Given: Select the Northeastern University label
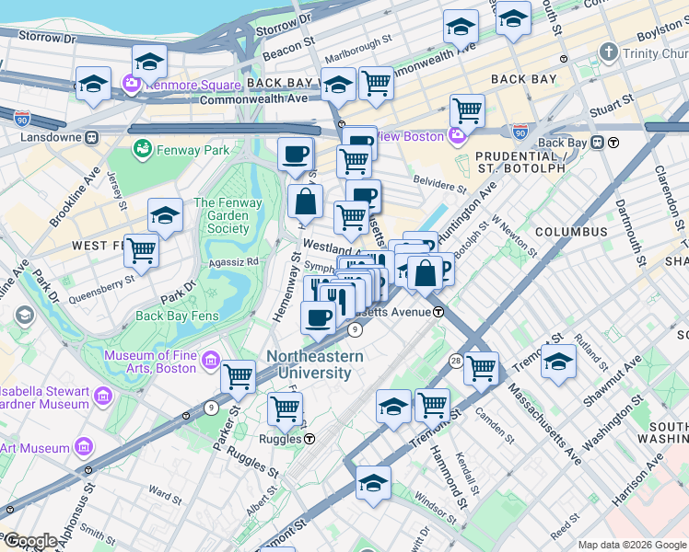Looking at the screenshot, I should pos(315,365).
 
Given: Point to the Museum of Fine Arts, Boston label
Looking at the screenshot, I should pos(149,362).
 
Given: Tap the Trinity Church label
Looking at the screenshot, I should pos(653,54).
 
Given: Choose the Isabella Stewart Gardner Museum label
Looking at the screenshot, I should pos(44,397).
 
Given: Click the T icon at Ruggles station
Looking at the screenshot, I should pos(311,439).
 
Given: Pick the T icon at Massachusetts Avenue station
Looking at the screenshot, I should pos(439,312).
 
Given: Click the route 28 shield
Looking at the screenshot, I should pos(455,360).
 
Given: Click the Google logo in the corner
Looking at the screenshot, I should pos(29,540).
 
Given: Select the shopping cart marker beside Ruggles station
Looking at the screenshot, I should pos(285,408).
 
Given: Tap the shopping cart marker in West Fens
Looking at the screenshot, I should pos(141,248).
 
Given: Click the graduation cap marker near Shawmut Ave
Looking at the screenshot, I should pos(558,362).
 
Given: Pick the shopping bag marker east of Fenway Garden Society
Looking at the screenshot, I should pos(305,200).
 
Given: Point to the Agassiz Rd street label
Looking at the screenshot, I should pos(239,261).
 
